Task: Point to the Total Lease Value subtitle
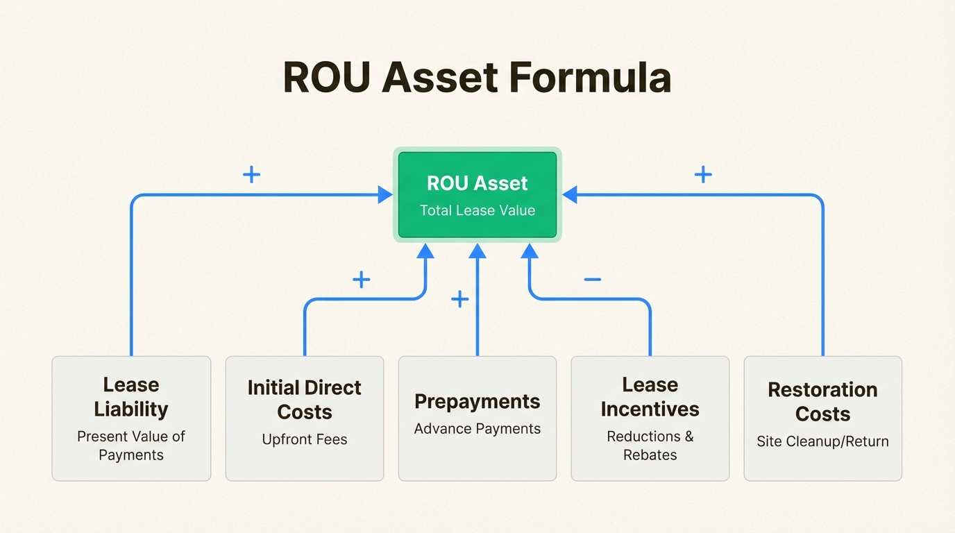(x=477, y=210)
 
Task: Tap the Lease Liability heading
(x=131, y=397)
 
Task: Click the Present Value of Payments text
(x=131, y=446)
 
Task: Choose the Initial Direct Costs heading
(x=305, y=400)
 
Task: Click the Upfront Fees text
(x=305, y=439)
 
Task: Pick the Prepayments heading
(x=477, y=402)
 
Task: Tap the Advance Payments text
(x=477, y=429)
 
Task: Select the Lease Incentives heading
(x=650, y=397)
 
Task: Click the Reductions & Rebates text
(x=650, y=446)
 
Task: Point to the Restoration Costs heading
(x=822, y=402)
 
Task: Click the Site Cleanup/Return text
(x=822, y=441)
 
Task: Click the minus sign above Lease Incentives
(x=592, y=280)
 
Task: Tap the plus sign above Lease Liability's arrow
(x=251, y=174)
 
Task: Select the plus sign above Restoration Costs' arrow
(x=703, y=174)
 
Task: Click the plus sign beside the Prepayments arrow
(x=459, y=299)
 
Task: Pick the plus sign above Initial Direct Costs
(x=361, y=280)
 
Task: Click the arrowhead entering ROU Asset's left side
(x=386, y=195)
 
